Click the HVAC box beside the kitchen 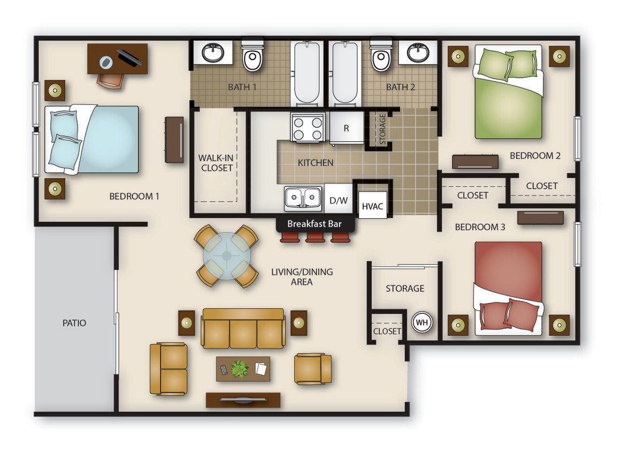[372, 206]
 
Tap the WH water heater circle [421, 322]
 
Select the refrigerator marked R [347, 128]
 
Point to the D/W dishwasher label [339, 201]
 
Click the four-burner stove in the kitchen [308, 127]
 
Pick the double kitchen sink [303, 198]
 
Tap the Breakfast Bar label [314, 224]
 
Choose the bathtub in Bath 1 [306, 73]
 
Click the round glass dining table [227, 256]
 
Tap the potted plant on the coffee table [240, 369]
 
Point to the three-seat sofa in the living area [243, 329]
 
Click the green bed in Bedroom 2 [508, 92]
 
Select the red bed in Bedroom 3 [508, 288]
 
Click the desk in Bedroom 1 [118, 59]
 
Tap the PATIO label [74, 323]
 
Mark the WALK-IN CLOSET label [216, 163]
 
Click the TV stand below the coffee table [243, 400]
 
